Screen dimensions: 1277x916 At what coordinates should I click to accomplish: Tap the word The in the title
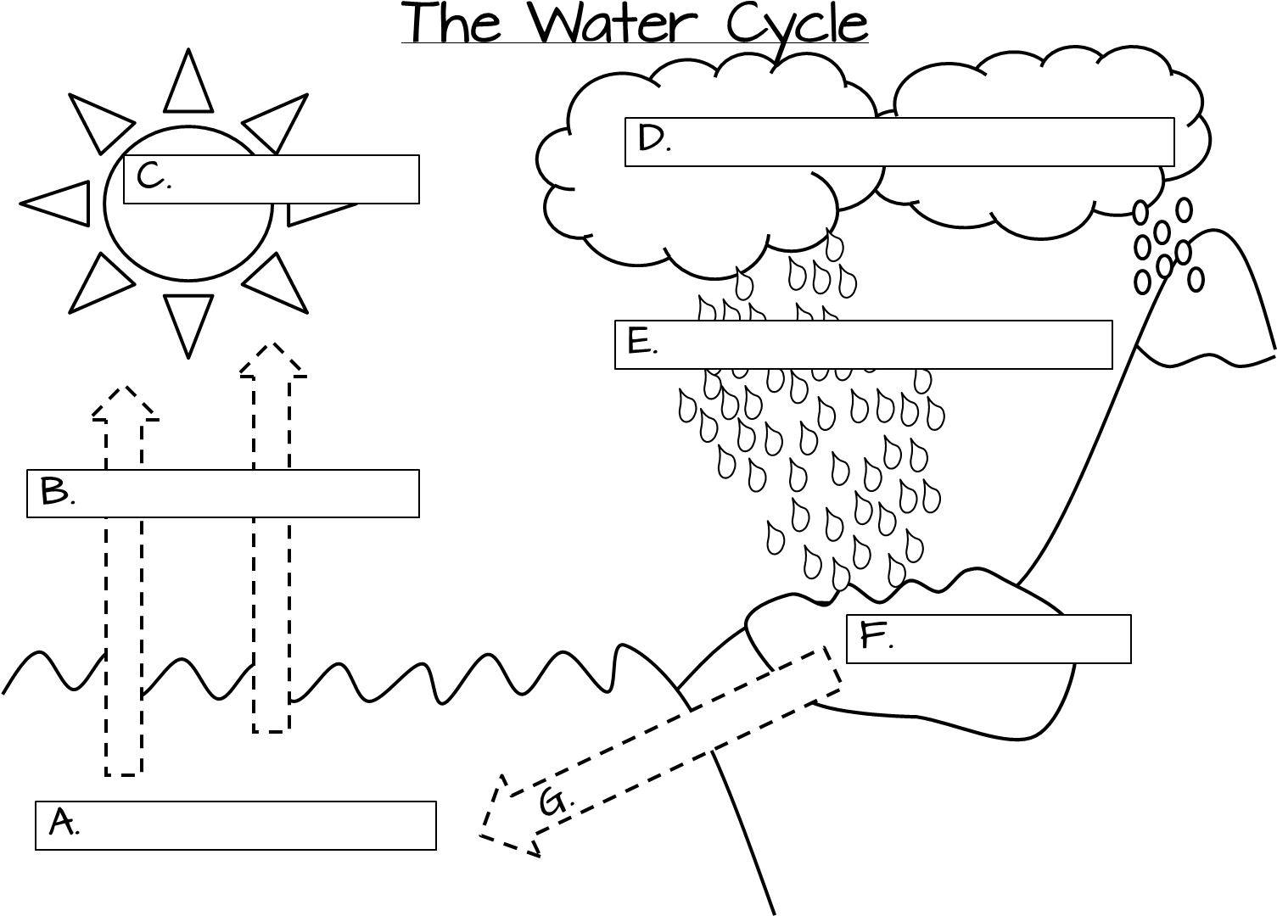pos(454,23)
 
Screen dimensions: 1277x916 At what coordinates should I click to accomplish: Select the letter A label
pos(63,822)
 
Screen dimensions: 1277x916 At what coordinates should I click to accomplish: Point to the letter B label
pos(57,491)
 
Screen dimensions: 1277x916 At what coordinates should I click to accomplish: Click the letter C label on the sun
pos(153,176)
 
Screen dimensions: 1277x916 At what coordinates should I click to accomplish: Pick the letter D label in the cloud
pos(653,138)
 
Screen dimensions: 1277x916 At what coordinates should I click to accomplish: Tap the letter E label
pos(642,341)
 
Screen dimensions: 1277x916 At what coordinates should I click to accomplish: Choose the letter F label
pos(876,635)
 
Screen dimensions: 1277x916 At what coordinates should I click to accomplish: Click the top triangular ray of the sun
pos(188,81)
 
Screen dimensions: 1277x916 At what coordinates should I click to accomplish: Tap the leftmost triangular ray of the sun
pos(54,204)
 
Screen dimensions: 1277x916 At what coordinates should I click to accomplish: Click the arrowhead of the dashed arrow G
pos(509,816)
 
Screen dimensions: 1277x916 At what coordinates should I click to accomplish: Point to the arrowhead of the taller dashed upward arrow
pos(273,360)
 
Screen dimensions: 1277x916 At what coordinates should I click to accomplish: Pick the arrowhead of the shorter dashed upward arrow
pos(126,404)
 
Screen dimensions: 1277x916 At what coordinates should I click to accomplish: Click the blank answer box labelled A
pos(235,825)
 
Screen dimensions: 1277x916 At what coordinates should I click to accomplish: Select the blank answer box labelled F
pos(989,639)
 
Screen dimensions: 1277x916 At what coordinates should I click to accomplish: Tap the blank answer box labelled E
pos(863,344)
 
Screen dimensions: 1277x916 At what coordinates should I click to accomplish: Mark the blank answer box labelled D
pos(899,142)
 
